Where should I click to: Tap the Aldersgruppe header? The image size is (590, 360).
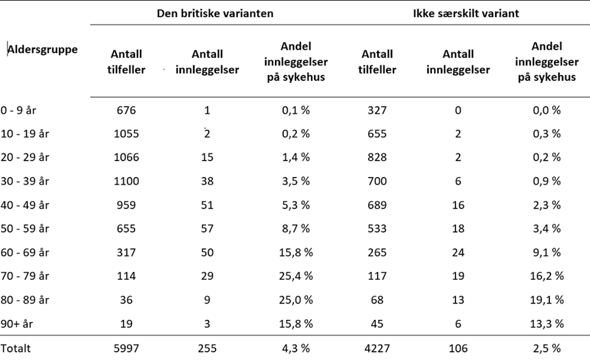click(x=43, y=50)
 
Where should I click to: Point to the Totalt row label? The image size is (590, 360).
click(x=16, y=348)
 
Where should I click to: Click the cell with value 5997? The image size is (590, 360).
click(x=127, y=348)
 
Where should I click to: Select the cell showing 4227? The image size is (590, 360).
click(x=377, y=348)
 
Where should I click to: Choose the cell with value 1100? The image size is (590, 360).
click(x=127, y=181)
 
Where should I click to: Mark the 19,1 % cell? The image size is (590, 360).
click(x=546, y=300)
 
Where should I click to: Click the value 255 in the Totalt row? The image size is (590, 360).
click(x=207, y=348)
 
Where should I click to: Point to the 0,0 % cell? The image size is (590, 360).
click(x=546, y=111)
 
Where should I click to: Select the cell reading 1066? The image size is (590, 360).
click(x=127, y=157)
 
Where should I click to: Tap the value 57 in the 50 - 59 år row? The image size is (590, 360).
click(x=207, y=229)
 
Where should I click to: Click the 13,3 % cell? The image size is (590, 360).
click(x=546, y=324)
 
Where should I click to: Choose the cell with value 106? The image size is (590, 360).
click(x=458, y=348)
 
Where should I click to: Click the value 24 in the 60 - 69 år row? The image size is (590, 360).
click(x=458, y=252)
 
